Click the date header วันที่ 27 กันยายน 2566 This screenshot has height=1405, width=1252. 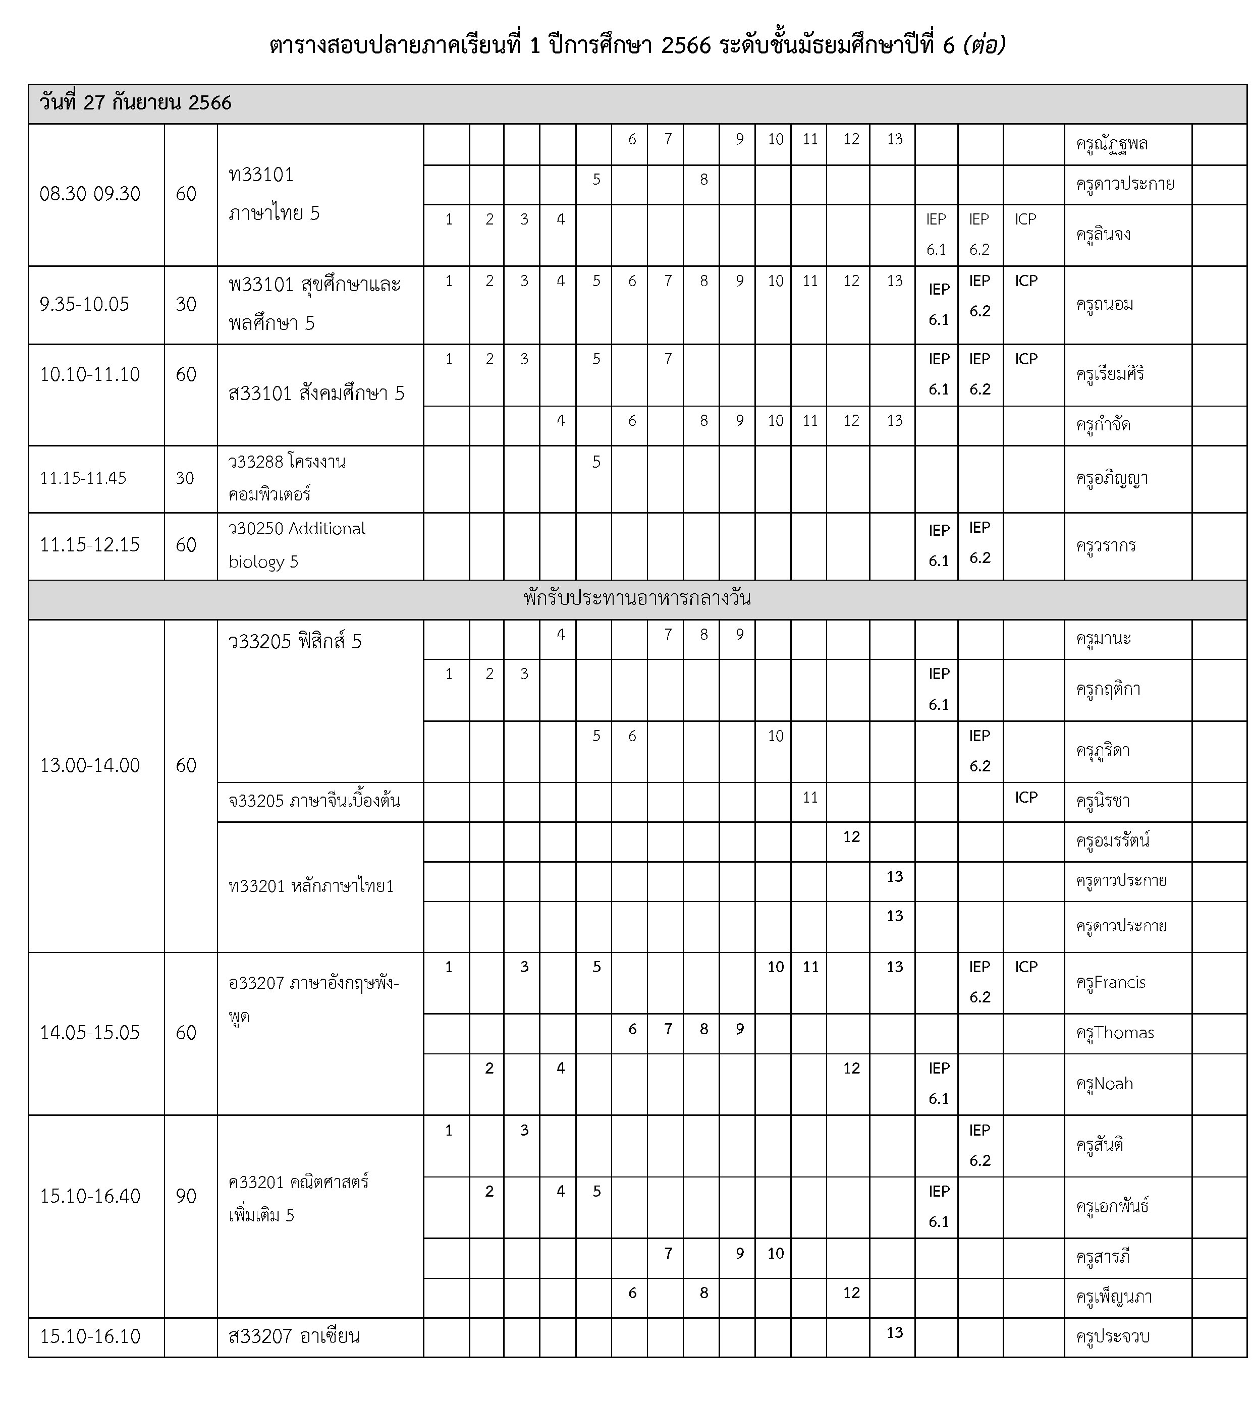[x=136, y=103]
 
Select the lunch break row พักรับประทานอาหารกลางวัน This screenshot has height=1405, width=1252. [x=636, y=598]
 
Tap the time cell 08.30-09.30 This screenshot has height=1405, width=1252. [x=90, y=194]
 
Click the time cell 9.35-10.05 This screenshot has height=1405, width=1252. [x=85, y=304]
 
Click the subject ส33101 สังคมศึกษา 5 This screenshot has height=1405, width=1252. [x=316, y=394]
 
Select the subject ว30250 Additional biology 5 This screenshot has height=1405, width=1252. [x=297, y=545]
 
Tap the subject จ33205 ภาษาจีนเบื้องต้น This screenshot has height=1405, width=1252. [x=314, y=801]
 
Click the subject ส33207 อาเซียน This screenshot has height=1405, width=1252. [x=294, y=1336]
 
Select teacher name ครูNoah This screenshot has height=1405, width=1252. [x=1104, y=1083]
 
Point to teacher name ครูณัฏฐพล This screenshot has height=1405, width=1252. [x=1112, y=144]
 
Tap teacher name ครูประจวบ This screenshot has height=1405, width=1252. [x=1112, y=1337]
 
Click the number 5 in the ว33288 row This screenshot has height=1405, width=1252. [x=596, y=462]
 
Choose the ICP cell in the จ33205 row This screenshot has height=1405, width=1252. [x=1026, y=797]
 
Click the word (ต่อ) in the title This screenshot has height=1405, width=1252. [x=985, y=45]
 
